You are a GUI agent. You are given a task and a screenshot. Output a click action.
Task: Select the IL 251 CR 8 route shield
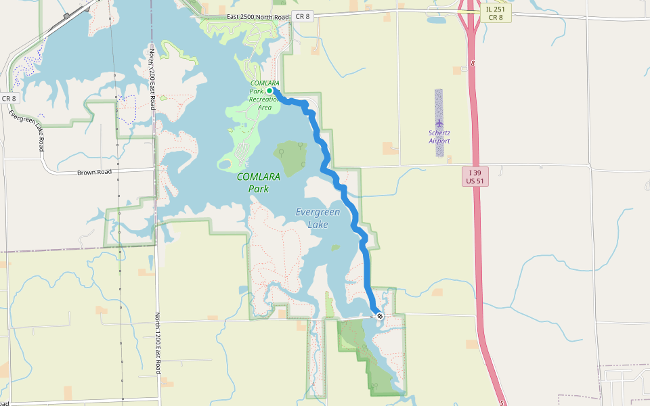[x=494, y=14]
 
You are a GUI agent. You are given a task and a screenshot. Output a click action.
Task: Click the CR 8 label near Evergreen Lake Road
[x=9, y=98]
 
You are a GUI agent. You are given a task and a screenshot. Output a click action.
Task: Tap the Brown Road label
[x=93, y=172]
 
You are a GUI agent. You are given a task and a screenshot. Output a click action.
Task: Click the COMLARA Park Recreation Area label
[x=265, y=95]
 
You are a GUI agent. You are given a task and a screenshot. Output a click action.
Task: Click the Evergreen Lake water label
[x=318, y=218]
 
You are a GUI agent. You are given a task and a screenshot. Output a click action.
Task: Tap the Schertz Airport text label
[x=439, y=137]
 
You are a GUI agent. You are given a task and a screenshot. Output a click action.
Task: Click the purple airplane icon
[x=439, y=122]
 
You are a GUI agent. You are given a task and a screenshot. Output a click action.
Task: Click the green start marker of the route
[x=269, y=90]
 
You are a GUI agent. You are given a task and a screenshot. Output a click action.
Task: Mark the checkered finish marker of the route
[x=381, y=315]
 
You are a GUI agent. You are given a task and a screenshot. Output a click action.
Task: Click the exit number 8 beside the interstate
[x=473, y=63]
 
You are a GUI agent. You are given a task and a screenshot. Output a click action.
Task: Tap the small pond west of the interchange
[x=437, y=20]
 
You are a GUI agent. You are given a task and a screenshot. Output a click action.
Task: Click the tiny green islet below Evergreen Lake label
[x=334, y=248]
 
